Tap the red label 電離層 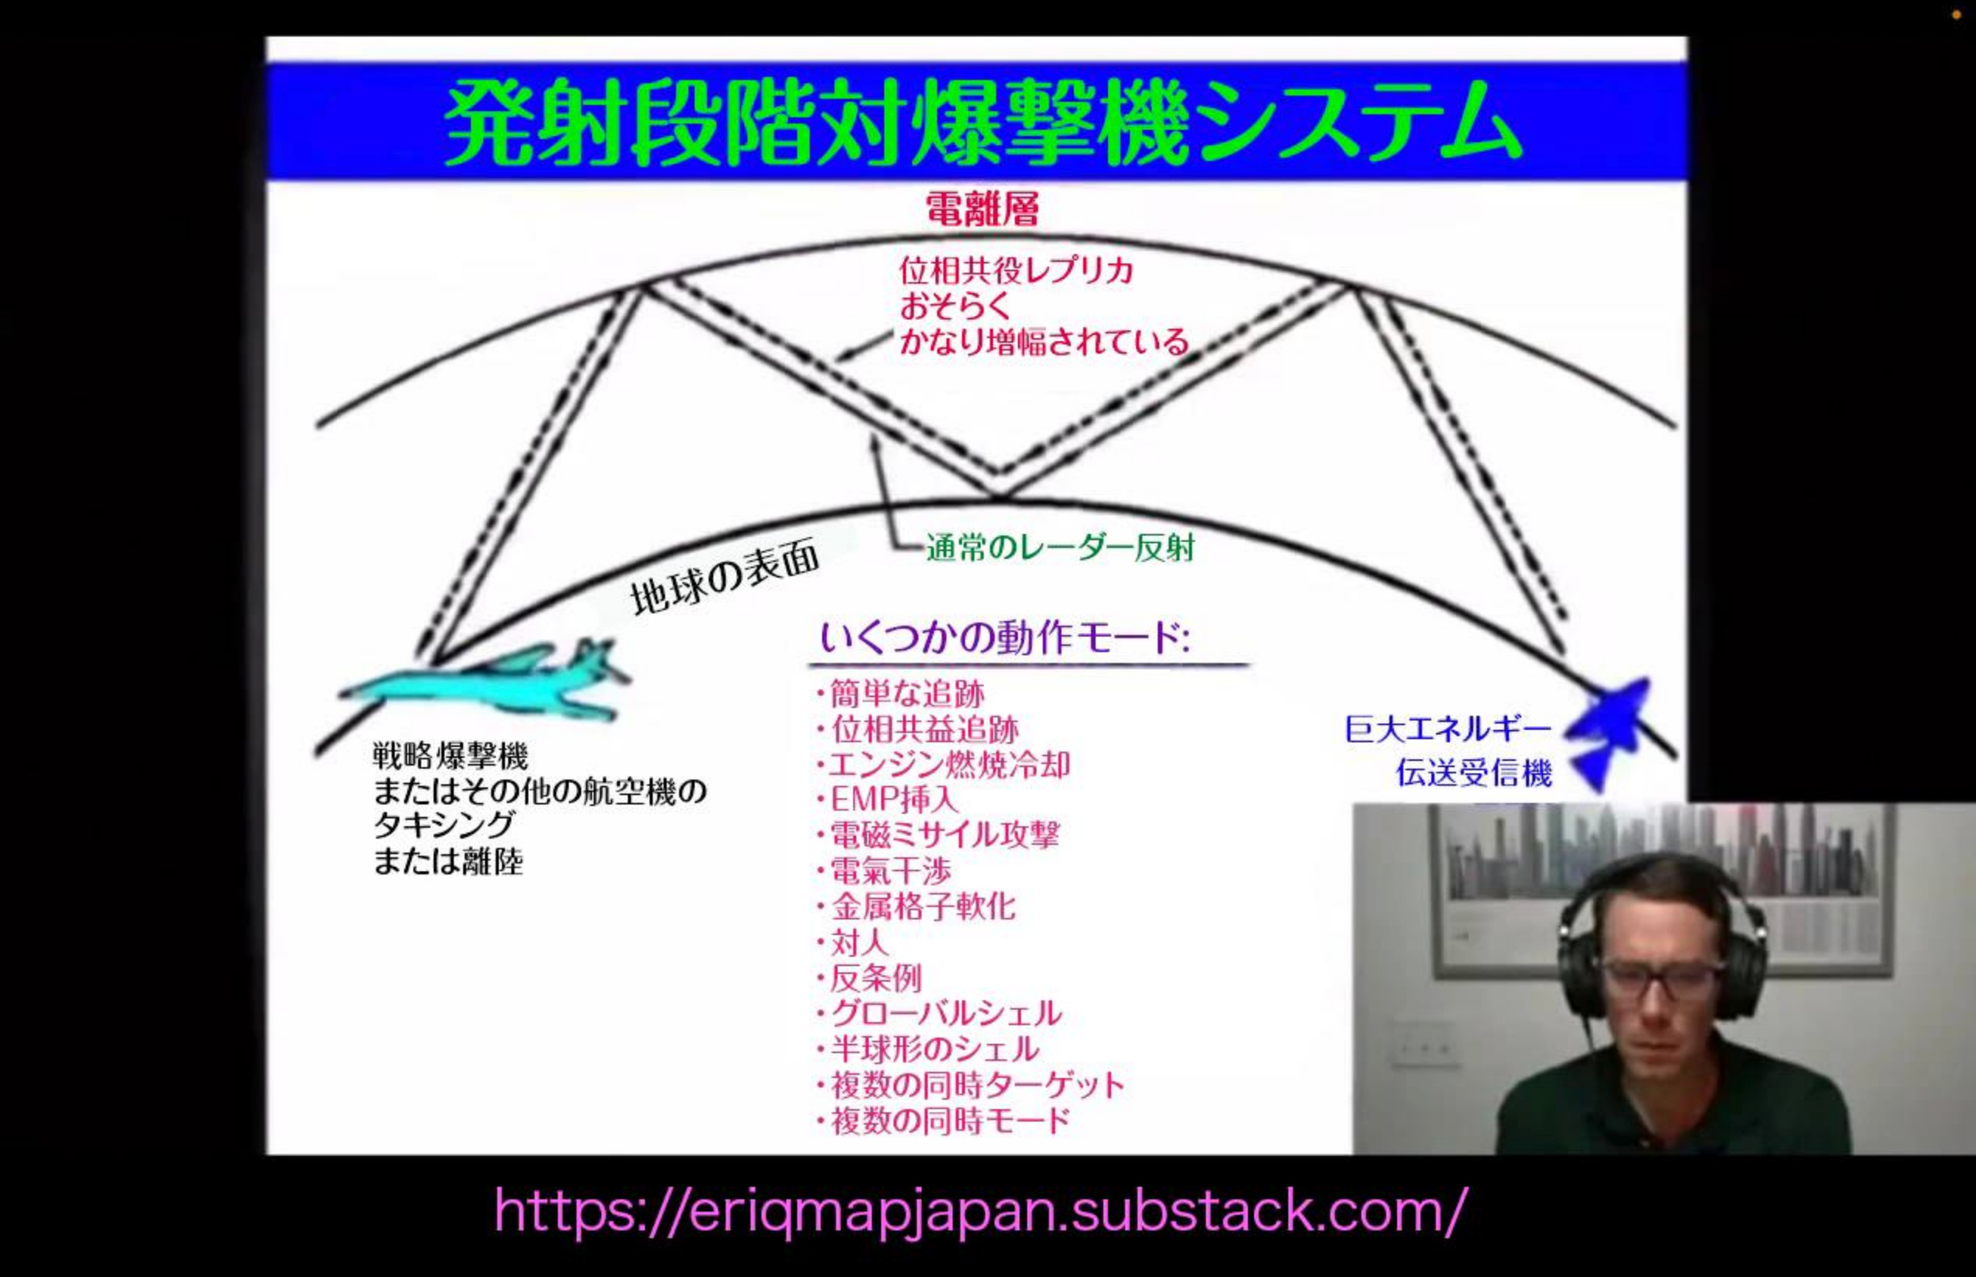[981, 208]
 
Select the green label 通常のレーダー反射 [1060, 548]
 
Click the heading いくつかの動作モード [1005, 639]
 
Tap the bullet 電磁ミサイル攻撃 [944, 834]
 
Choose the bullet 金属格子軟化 [922, 906]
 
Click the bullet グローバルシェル [945, 1014]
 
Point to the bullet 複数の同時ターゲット [977, 1084]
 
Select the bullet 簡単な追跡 [907, 693]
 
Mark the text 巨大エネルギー [1447, 730]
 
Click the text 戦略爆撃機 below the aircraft [450, 756]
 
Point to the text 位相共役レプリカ [1016, 271]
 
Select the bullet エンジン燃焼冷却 [949, 765]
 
